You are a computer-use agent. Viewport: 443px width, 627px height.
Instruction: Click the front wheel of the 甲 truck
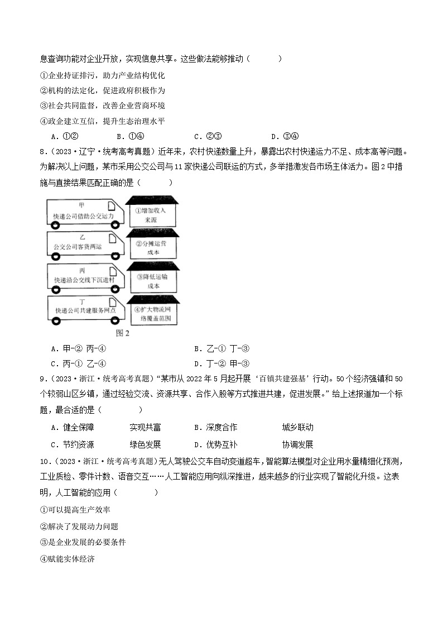pos(116,225)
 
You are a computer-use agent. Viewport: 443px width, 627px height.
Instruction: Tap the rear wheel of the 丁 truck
pos(56,321)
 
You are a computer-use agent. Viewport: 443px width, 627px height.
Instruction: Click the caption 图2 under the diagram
pos(122,333)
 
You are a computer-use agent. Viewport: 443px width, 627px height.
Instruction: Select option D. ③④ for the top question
pos(285,136)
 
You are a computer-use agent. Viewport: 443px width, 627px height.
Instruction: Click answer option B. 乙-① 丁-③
pos(222,349)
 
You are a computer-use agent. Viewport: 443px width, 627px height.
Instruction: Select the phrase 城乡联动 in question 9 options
pos(298,428)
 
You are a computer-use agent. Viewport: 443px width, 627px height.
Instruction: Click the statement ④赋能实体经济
pos(67,558)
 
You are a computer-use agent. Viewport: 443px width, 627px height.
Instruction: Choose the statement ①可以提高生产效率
pos(75,510)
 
